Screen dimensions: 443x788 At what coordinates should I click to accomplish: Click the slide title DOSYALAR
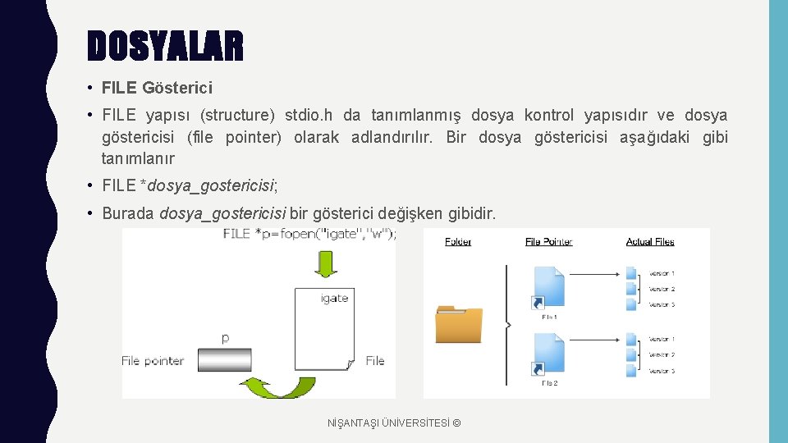pyautogui.click(x=165, y=46)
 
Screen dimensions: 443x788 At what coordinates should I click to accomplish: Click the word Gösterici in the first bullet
pyautogui.click(x=177, y=87)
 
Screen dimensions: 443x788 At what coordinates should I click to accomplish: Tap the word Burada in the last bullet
pyautogui.click(x=128, y=214)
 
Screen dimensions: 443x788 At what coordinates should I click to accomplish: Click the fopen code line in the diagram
pyautogui.click(x=310, y=234)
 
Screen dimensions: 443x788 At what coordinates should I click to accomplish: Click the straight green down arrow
pyautogui.click(x=327, y=264)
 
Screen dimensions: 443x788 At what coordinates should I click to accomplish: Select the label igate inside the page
pyautogui.click(x=334, y=298)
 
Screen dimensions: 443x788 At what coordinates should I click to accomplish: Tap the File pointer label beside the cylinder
pyautogui.click(x=153, y=360)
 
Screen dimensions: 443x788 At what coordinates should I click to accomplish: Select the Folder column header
pyautogui.click(x=458, y=241)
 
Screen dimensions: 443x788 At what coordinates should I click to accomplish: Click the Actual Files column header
pyautogui.click(x=650, y=241)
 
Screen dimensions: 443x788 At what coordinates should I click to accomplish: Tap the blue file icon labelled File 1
pyautogui.click(x=548, y=289)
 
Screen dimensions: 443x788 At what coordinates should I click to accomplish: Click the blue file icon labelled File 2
pyautogui.click(x=548, y=355)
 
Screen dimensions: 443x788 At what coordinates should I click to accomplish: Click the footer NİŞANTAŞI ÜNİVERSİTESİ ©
pyautogui.click(x=394, y=422)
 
